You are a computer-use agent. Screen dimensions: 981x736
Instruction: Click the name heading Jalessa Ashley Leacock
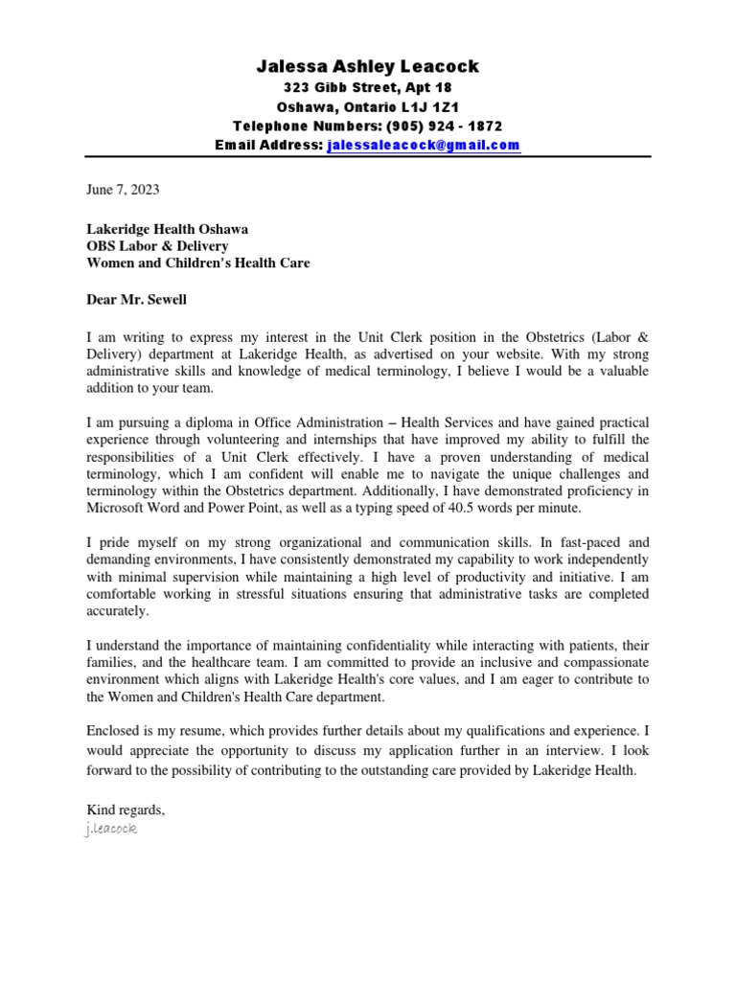(x=368, y=66)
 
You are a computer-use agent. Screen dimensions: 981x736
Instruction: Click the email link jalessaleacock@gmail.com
(x=424, y=146)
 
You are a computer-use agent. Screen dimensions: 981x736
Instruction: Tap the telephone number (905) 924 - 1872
(x=444, y=126)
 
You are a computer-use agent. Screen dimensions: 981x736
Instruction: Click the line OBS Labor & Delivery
(x=151, y=245)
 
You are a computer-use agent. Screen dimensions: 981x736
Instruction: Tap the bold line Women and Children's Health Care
(x=197, y=262)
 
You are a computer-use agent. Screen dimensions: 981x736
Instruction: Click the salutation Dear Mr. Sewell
(x=137, y=299)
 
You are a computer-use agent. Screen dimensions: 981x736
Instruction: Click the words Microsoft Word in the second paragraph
(x=133, y=508)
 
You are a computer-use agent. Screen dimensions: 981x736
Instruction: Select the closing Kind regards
(x=126, y=810)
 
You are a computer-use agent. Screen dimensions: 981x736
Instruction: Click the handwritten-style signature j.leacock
(x=111, y=827)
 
